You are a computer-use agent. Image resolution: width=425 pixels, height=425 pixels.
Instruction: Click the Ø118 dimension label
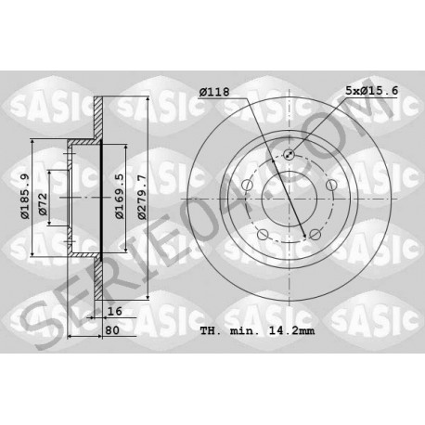[x=214, y=92]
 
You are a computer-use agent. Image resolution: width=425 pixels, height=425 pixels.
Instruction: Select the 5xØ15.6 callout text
[x=371, y=91]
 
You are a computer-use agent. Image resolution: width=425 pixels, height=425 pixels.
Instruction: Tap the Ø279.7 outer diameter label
[x=142, y=197]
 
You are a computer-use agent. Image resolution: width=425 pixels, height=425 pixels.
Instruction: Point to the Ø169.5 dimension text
[x=120, y=196]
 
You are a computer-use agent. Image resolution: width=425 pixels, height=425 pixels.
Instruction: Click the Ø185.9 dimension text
[x=25, y=196]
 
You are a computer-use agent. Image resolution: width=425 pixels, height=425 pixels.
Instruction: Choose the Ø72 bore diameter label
[x=43, y=204]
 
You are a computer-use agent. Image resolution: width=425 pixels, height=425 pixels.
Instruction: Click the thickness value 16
[x=115, y=311]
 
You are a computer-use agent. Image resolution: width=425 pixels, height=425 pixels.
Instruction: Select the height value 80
[x=112, y=330]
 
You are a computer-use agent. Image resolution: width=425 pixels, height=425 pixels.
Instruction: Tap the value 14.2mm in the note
[x=291, y=330]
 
